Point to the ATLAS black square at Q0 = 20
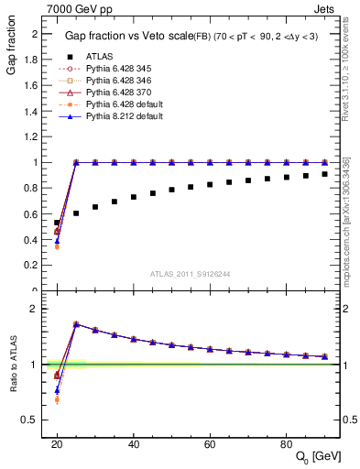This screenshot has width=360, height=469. click(57, 223)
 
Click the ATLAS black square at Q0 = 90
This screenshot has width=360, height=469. click(325, 174)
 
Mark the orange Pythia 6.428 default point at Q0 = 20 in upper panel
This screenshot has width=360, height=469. click(57, 246)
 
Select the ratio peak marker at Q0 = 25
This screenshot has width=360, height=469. click(76, 324)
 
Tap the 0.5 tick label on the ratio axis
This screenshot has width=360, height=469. click(36, 420)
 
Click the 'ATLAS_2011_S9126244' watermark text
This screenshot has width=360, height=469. click(191, 274)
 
